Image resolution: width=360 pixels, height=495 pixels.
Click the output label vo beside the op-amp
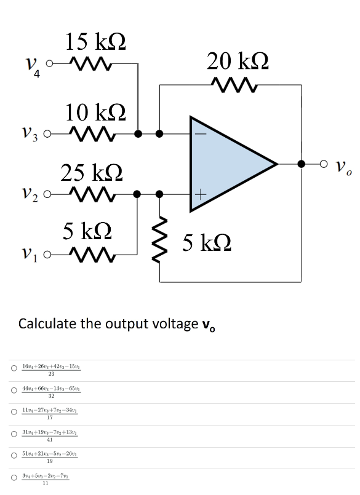click(345, 165)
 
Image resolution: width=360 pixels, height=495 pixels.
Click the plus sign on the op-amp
click(199, 194)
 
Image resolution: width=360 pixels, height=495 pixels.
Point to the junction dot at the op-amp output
click(302, 164)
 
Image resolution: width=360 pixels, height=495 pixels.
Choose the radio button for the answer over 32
click(13, 390)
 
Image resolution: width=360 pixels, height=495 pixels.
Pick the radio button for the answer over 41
click(13, 434)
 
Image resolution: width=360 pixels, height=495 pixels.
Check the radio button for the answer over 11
click(13, 477)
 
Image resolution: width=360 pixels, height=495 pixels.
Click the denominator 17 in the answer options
click(50, 418)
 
